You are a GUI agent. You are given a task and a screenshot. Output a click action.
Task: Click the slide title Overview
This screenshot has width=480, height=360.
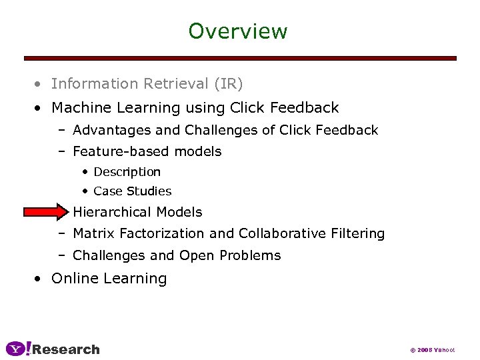237,31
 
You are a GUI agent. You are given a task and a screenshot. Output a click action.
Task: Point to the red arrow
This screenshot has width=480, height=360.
45,212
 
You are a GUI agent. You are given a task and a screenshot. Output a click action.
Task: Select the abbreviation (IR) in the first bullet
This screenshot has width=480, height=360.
229,84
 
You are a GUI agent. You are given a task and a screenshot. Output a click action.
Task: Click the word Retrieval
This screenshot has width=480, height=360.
173,84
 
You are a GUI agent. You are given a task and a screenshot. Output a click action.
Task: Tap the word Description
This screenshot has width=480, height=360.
127,172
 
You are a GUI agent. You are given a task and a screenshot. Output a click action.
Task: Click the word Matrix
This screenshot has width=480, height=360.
93,233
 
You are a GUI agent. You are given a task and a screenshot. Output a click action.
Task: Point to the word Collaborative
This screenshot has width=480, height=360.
287,233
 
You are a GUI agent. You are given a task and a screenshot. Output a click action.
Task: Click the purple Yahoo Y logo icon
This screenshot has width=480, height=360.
18,349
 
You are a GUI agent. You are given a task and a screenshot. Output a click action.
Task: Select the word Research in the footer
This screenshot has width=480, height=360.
66,349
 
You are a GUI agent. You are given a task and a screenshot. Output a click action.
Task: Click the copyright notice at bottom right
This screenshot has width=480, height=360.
432,350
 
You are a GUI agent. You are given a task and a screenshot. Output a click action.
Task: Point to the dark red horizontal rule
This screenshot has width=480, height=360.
240,58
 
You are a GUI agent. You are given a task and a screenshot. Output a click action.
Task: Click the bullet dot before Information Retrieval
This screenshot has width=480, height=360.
41,85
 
